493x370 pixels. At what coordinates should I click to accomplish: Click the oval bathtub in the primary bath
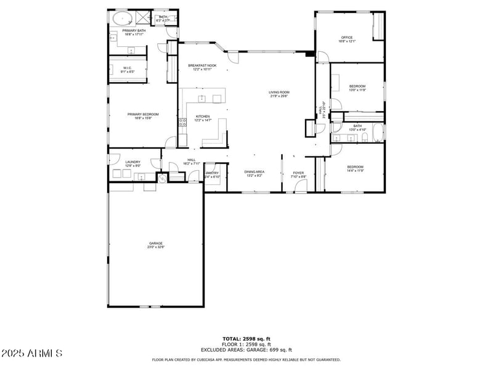[120, 18]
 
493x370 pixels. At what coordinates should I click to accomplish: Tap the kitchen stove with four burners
[182, 122]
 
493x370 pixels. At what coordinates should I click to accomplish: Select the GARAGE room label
[155, 244]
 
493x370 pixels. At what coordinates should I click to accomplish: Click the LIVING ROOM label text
[279, 92]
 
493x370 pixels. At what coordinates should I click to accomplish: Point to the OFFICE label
[346, 38]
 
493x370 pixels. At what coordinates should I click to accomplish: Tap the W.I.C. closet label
[127, 68]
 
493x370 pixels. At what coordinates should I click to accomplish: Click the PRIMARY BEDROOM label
[143, 114]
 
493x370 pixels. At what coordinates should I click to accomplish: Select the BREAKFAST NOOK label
[202, 65]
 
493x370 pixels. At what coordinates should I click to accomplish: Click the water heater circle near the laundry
[162, 178]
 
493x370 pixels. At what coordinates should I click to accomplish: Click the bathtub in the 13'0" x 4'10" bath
[377, 133]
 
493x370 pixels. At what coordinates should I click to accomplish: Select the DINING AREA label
[255, 172]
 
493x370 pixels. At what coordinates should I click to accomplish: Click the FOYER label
[298, 173]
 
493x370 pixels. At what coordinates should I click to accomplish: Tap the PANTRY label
[213, 173]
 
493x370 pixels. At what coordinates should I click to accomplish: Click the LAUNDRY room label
[132, 162]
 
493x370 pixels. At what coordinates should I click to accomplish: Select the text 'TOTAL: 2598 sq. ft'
[246, 339]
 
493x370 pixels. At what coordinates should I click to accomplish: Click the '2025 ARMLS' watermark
[32, 353]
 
